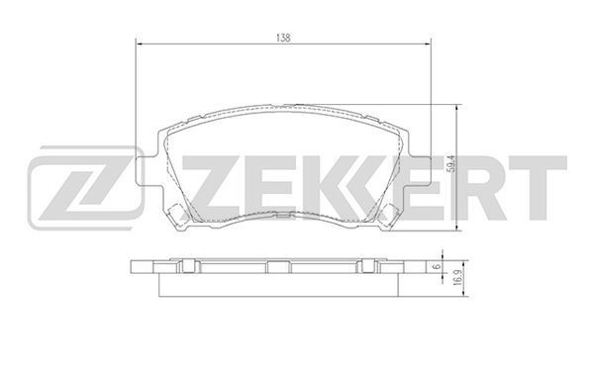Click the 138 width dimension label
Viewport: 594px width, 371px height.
pyautogui.click(x=283, y=38)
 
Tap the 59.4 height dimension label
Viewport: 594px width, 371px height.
pyautogui.click(x=450, y=165)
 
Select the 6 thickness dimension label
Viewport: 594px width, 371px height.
pyautogui.click(x=438, y=266)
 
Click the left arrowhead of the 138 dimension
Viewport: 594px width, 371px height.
pyautogui.click(x=139, y=45)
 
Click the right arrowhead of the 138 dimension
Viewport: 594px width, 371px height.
pyautogui.click(x=428, y=45)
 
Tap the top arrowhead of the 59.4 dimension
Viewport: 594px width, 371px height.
pyautogui.click(x=457, y=108)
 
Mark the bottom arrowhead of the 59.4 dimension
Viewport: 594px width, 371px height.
pyautogui.click(x=457, y=227)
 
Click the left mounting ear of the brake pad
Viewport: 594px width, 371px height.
pyautogui.click(x=146, y=171)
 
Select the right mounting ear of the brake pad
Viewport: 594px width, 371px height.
pyautogui.click(x=421, y=171)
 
